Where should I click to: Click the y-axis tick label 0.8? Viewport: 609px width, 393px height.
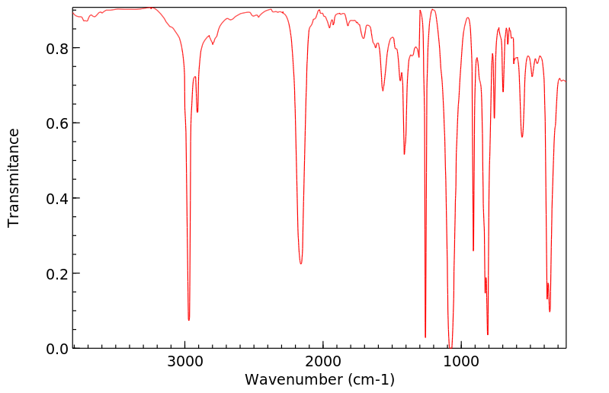coord(56,48)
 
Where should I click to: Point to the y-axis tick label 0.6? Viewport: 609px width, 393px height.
coord(56,123)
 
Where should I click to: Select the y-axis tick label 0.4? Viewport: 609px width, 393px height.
coord(56,198)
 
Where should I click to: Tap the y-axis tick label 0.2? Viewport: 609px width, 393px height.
coord(56,273)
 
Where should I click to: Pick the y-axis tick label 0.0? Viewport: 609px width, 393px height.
coord(56,349)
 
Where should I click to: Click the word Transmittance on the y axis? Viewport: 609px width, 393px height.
coord(14,177)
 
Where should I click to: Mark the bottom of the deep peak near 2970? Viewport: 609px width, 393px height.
coord(189,320)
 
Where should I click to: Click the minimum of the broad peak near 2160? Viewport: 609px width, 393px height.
coord(301,264)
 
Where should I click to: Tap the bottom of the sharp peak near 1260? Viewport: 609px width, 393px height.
coord(425,337)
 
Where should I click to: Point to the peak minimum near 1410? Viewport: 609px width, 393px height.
coord(404,154)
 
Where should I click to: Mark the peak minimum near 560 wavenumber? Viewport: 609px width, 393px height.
coord(522,137)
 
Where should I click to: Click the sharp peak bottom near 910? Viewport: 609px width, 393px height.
coord(473,251)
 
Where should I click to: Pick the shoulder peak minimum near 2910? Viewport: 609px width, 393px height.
coord(197,112)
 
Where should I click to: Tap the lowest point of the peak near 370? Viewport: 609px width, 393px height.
coord(550,311)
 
